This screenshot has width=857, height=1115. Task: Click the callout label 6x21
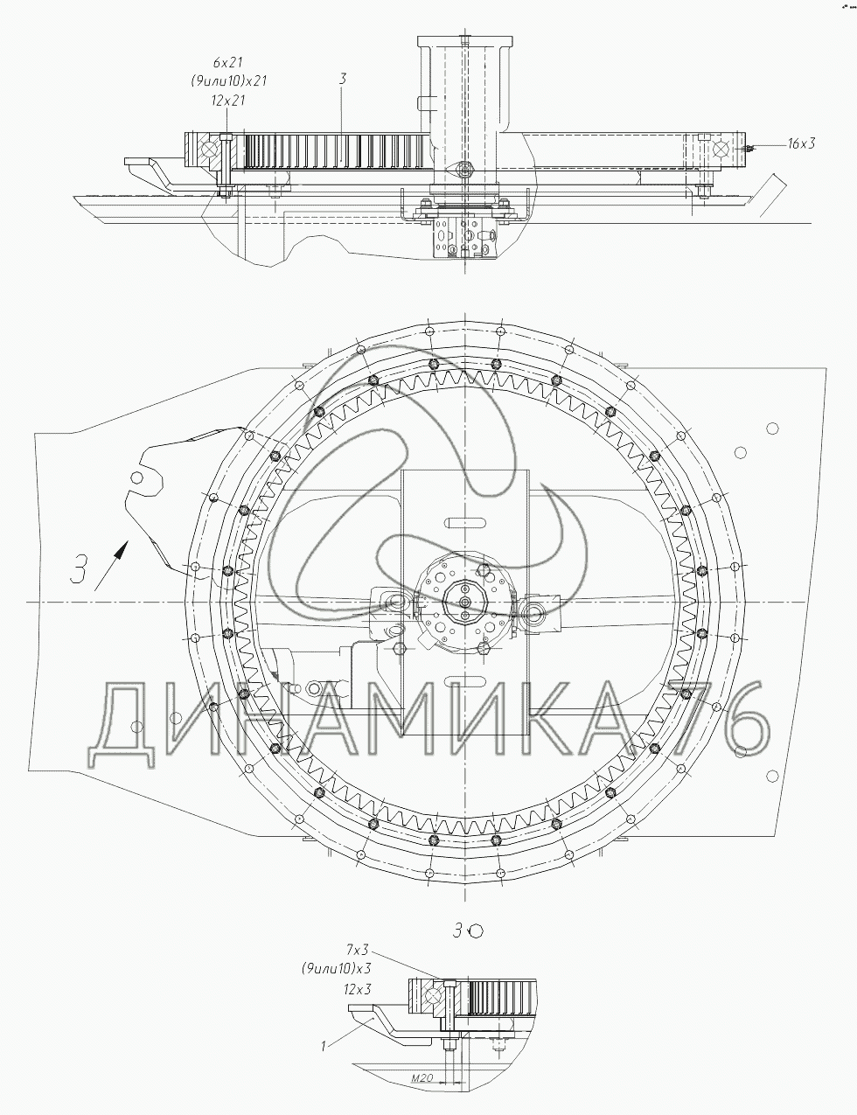point(227,62)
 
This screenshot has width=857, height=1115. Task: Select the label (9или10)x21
point(229,80)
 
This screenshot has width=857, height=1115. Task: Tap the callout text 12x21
point(227,100)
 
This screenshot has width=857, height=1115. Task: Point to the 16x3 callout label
point(800,143)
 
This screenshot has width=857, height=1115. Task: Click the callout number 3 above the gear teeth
point(343,79)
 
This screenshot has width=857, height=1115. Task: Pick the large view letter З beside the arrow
point(79,568)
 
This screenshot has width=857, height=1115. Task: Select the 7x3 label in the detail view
point(358,949)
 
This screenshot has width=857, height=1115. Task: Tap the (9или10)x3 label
point(336,968)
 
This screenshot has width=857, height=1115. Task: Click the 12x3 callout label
point(357,989)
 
